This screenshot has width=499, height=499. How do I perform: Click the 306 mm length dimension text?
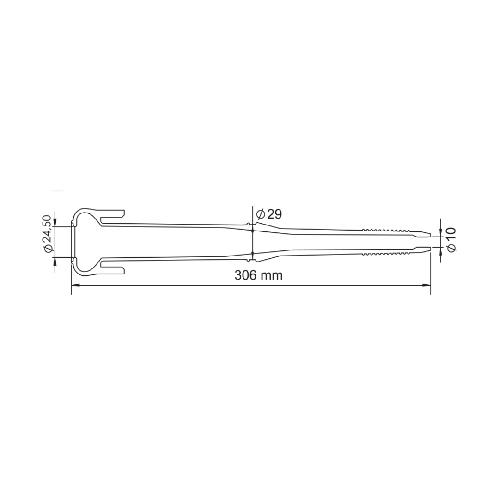tap(258, 275)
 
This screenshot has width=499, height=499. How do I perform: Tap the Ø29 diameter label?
tap(269, 214)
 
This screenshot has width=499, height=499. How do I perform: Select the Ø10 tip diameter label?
tap(451, 239)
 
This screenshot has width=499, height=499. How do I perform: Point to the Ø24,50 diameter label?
tap(48, 234)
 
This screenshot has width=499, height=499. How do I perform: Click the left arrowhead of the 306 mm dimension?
tap(76, 285)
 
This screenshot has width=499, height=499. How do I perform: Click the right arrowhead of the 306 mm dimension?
tap(426, 285)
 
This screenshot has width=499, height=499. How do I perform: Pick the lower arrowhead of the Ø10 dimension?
tap(441, 251)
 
